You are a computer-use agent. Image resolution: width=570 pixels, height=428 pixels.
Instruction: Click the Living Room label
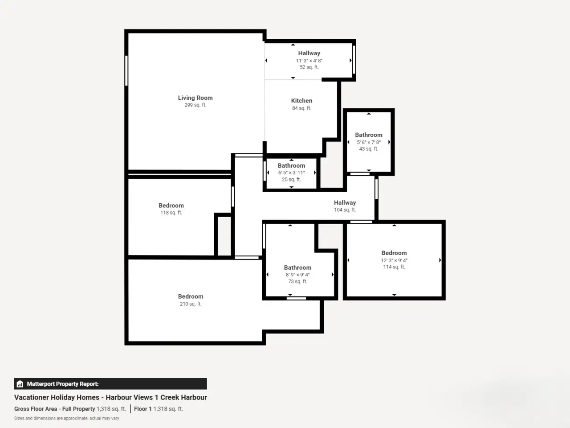[195, 98]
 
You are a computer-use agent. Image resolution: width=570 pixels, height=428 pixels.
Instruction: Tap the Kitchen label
[301, 101]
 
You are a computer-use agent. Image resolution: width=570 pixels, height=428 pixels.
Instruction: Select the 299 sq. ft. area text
[195, 105]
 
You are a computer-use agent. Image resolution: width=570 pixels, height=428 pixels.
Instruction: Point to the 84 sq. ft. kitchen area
[301, 108]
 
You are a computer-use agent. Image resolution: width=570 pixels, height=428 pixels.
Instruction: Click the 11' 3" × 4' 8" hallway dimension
[309, 61]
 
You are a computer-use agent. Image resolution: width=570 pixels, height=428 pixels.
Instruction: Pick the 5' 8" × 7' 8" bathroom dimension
[369, 142]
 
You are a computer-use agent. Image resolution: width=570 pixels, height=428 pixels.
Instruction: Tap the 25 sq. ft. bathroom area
[291, 179]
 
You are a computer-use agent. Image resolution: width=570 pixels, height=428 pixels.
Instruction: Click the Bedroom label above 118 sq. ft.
[171, 206]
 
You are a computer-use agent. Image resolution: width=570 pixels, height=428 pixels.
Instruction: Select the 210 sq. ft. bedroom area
[191, 304]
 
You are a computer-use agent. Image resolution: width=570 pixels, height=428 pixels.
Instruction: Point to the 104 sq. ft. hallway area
[345, 210]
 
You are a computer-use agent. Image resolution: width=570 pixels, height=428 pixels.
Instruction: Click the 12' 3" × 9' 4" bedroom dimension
[394, 260]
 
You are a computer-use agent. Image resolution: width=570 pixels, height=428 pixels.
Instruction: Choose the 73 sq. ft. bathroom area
[297, 281]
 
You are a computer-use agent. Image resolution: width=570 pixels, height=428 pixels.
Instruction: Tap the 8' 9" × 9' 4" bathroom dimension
[297, 275]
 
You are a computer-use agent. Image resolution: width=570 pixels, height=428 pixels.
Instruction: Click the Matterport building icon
[20, 384]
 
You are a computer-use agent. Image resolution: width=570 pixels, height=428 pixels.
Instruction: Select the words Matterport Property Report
[63, 384]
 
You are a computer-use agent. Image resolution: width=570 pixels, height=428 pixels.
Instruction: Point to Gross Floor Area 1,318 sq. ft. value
[111, 409]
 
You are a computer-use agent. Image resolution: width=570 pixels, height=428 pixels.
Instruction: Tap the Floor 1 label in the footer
[142, 409]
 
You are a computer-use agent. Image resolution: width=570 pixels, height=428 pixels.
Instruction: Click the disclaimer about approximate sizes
[67, 418]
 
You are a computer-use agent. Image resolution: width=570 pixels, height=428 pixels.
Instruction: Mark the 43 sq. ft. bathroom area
[369, 149]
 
